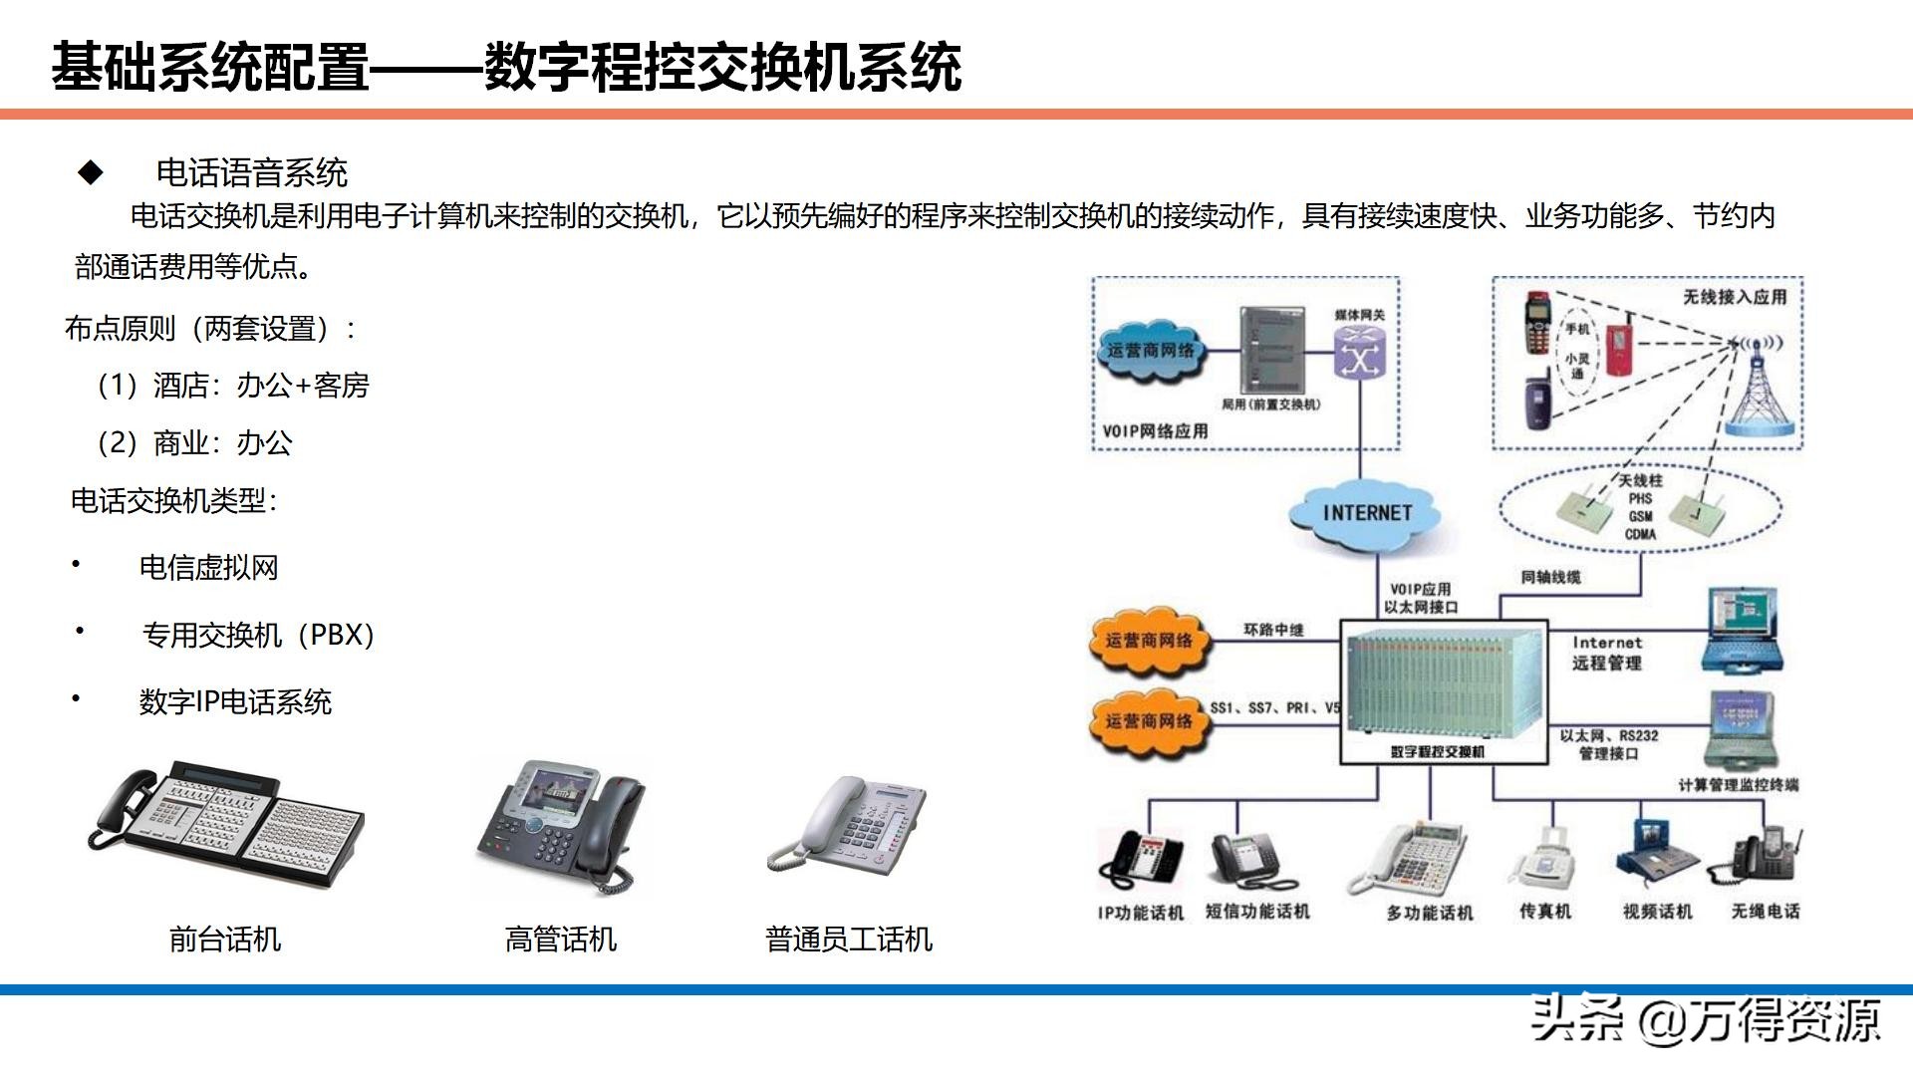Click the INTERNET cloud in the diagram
pyautogui.click(x=1367, y=514)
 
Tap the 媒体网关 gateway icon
pyautogui.click(x=1359, y=353)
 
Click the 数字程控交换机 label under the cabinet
pyautogui.click(x=1438, y=752)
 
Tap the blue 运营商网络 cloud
pyautogui.click(x=1151, y=351)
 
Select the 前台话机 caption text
pyautogui.click(x=225, y=940)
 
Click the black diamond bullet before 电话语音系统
pyautogui.click(x=91, y=173)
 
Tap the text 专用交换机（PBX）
pyautogui.click(x=258, y=635)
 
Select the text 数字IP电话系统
pyautogui.click(x=235, y=702)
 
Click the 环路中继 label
pyautogui.click(x=1273, y=630)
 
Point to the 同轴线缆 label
pyautogui.click(x=1550, y=577)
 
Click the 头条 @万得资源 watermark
pyautogui.click(x=1706, y=1019)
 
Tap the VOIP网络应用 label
pyautogui.click(x=1155, y=431)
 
